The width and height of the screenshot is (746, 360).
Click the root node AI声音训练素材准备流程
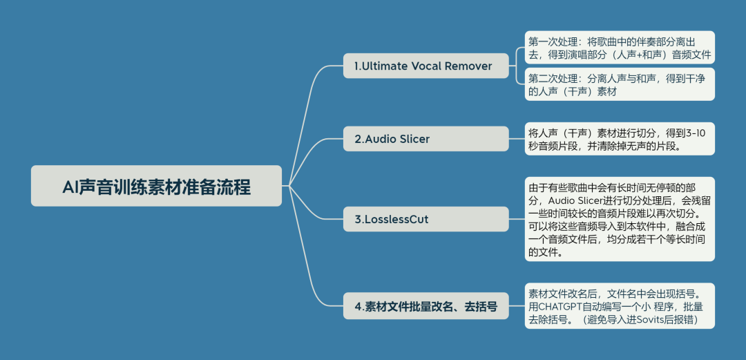(156, 186)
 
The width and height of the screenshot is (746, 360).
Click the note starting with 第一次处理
(619, 47)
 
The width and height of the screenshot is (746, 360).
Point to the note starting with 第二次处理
(619, 84)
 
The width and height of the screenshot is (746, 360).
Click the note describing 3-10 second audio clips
(619, 138)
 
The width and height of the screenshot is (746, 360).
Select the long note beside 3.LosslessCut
(619, 219)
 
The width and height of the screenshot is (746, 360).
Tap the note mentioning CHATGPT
(619, 306)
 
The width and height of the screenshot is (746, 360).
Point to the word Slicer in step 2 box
(412, 139)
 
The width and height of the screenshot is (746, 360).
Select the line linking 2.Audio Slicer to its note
(517, 138)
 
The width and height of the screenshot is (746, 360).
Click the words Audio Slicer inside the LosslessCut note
(579, 200)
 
